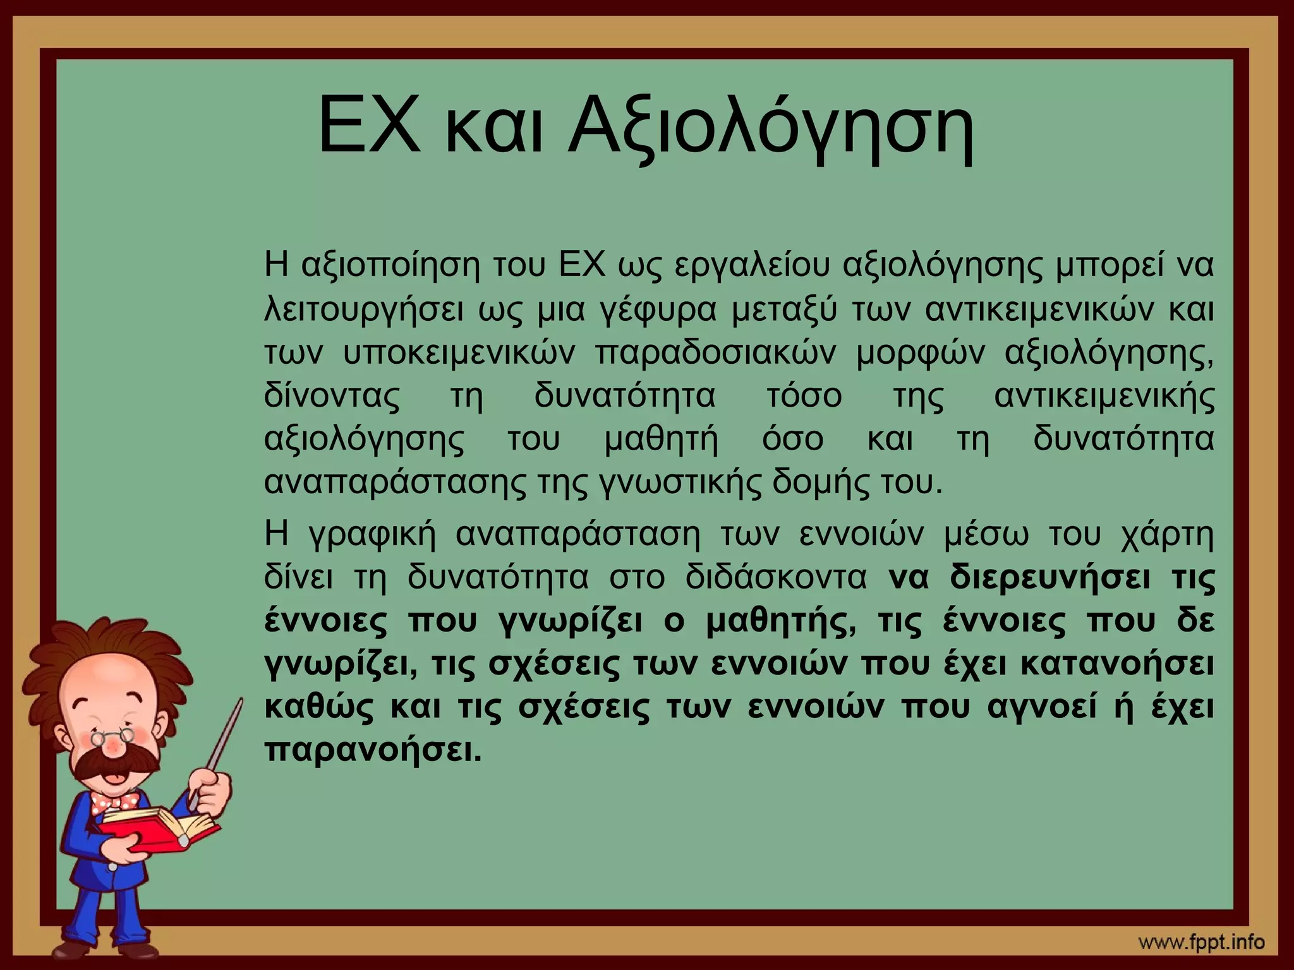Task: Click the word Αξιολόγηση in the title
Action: (771, 126)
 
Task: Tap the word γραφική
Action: (373, 536)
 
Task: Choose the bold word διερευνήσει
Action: (1049, 578)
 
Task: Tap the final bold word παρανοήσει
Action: (373, 751)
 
